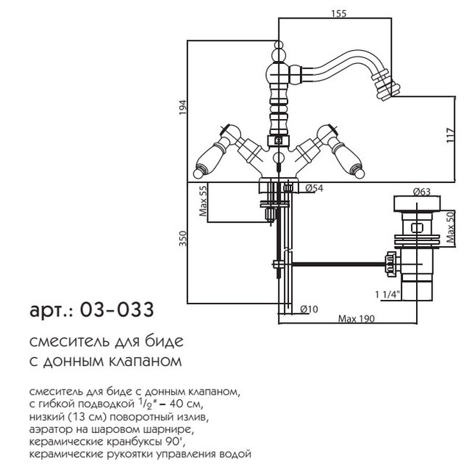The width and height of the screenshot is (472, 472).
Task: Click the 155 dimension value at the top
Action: point(339,13)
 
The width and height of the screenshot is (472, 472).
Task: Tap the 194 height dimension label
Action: point(183,107)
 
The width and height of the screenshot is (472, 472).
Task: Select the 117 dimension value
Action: point(450,136)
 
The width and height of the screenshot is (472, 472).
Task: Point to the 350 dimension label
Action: point(183,239)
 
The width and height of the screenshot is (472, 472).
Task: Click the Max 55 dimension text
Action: point(203,201)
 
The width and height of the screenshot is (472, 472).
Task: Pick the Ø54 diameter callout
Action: point(314,188)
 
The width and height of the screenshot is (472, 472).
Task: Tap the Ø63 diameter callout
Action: point(421,192)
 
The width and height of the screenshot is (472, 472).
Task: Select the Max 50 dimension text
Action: point(451,227)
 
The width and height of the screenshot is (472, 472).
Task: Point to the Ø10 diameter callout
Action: point(309,309)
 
